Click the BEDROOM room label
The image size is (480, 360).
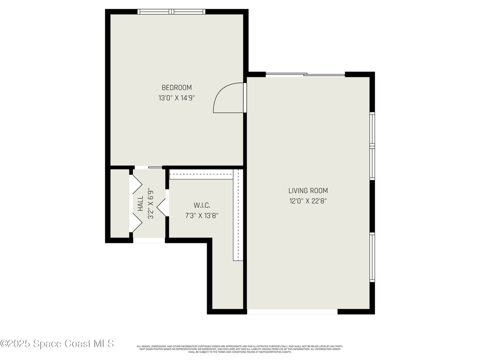[x=177, y=88]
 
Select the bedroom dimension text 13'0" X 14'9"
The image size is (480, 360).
[x=177, y=98]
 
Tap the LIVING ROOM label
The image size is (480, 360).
[x=308, y=191]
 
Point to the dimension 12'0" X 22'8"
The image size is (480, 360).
[x=308, y=202]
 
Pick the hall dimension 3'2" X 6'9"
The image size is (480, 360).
[x=151, y=204]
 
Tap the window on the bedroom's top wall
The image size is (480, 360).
[x=172, y=12]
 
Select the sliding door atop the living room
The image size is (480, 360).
[x=305, y=74]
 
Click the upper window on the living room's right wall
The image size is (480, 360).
[x=372, y=146]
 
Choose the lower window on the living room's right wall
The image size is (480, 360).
[x=372, y=257]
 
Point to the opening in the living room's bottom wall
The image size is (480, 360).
[x=292, y=311]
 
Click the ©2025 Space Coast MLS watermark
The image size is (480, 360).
[x=57, y=344]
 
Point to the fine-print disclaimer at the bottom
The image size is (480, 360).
[x=240, y=349]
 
